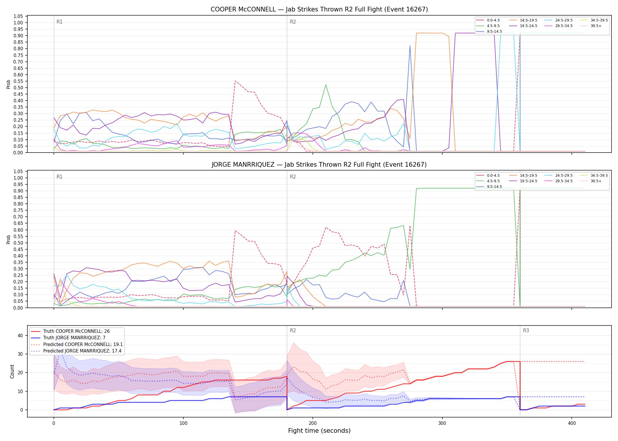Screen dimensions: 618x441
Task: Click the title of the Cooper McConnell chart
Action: coord(319,9)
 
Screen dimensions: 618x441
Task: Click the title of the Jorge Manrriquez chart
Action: coord(319,165)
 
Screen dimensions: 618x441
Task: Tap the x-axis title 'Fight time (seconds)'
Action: coord(319,431)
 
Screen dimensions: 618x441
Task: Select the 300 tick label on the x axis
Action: coord(442,423)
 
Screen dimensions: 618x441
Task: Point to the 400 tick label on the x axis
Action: coord(572,423)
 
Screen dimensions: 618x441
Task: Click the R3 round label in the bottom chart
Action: coord(526,330)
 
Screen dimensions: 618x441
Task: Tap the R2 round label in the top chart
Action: coord(293,22)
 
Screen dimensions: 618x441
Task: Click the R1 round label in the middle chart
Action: coord(59,177)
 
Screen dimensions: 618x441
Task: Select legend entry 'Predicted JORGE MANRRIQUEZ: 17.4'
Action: coord(76,351)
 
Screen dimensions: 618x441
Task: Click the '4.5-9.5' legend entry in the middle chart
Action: coord(488,181)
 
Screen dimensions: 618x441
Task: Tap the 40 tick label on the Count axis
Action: coord(20,335)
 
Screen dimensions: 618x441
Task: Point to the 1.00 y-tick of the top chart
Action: coord(18,23)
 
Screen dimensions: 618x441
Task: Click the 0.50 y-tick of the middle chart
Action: coord(18,243)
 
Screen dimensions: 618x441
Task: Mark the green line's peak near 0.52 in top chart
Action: coord(325,85)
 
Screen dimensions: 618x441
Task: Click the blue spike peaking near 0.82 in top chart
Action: coord(410,46)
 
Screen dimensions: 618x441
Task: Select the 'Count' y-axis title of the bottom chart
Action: coord(12,371)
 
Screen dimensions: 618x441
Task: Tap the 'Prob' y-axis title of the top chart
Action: coord(9,84)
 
